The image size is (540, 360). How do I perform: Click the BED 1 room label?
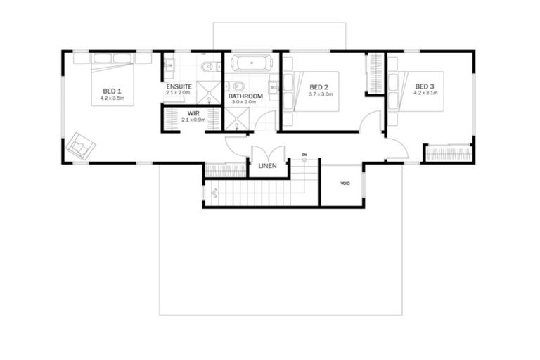(112, 91)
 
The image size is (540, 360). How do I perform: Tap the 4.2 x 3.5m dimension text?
(112, 98)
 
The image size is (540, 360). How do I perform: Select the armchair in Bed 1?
(82, 146)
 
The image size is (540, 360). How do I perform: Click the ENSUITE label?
(179, 86)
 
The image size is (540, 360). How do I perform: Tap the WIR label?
(193, 113)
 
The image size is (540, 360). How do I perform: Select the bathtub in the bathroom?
(251, 63)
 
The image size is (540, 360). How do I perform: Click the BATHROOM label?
(245, 96)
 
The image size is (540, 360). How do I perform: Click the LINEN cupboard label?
(268, 167)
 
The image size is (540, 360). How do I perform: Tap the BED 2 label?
(320, 87)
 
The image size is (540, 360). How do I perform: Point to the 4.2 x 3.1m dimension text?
(425, 93)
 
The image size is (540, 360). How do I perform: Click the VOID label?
(345, 183)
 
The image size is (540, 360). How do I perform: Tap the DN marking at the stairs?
(304, 154)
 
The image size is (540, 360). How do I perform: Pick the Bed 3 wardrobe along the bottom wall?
(449, 153)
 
